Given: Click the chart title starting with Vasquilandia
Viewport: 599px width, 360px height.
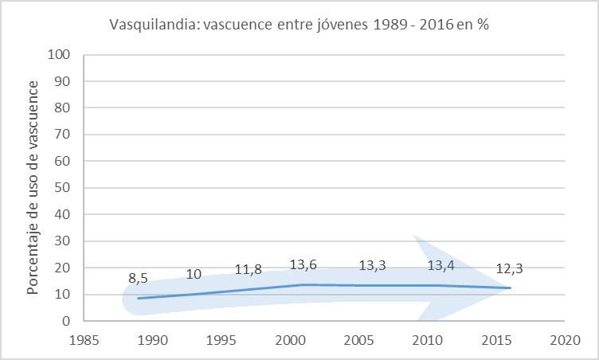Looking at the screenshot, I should coord(299,24).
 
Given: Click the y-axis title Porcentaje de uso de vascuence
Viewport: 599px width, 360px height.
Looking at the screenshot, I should coord(33,187).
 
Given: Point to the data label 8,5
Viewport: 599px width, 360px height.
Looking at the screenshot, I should coord(138,279).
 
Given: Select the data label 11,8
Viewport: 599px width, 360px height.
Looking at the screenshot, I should coord(248,270).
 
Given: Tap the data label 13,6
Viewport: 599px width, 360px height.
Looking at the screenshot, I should coord(303,265).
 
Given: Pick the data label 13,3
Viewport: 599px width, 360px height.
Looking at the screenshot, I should coord(373,266).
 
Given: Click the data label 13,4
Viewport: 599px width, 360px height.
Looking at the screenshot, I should coord(441,266).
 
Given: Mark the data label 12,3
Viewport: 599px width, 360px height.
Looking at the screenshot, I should coord(511,269).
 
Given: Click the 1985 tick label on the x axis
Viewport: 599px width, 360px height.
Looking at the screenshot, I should coord(84,339).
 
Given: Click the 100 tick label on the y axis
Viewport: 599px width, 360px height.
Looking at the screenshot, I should coord(61,55).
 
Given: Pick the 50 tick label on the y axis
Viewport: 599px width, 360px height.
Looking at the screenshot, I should coord(64,188).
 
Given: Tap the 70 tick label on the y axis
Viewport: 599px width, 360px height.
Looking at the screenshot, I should coord(64,135).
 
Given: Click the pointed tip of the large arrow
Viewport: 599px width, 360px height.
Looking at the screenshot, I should coord(511,288).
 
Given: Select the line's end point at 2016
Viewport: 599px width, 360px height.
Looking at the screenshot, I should coord(511,288).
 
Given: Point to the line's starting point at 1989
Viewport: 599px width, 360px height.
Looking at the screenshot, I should coord(139,299).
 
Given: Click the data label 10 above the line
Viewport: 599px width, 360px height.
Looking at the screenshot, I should coord(194,275).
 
